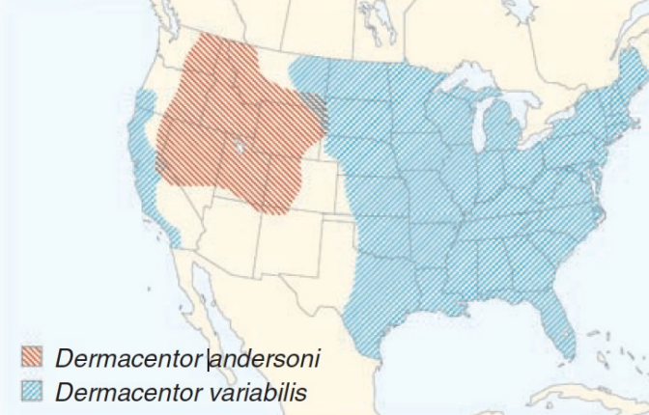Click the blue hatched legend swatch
tap(34, 391)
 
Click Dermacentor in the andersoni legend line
tap(129, 358)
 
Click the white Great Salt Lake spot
tap(239, 148)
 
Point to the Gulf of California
tap(224, 299)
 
